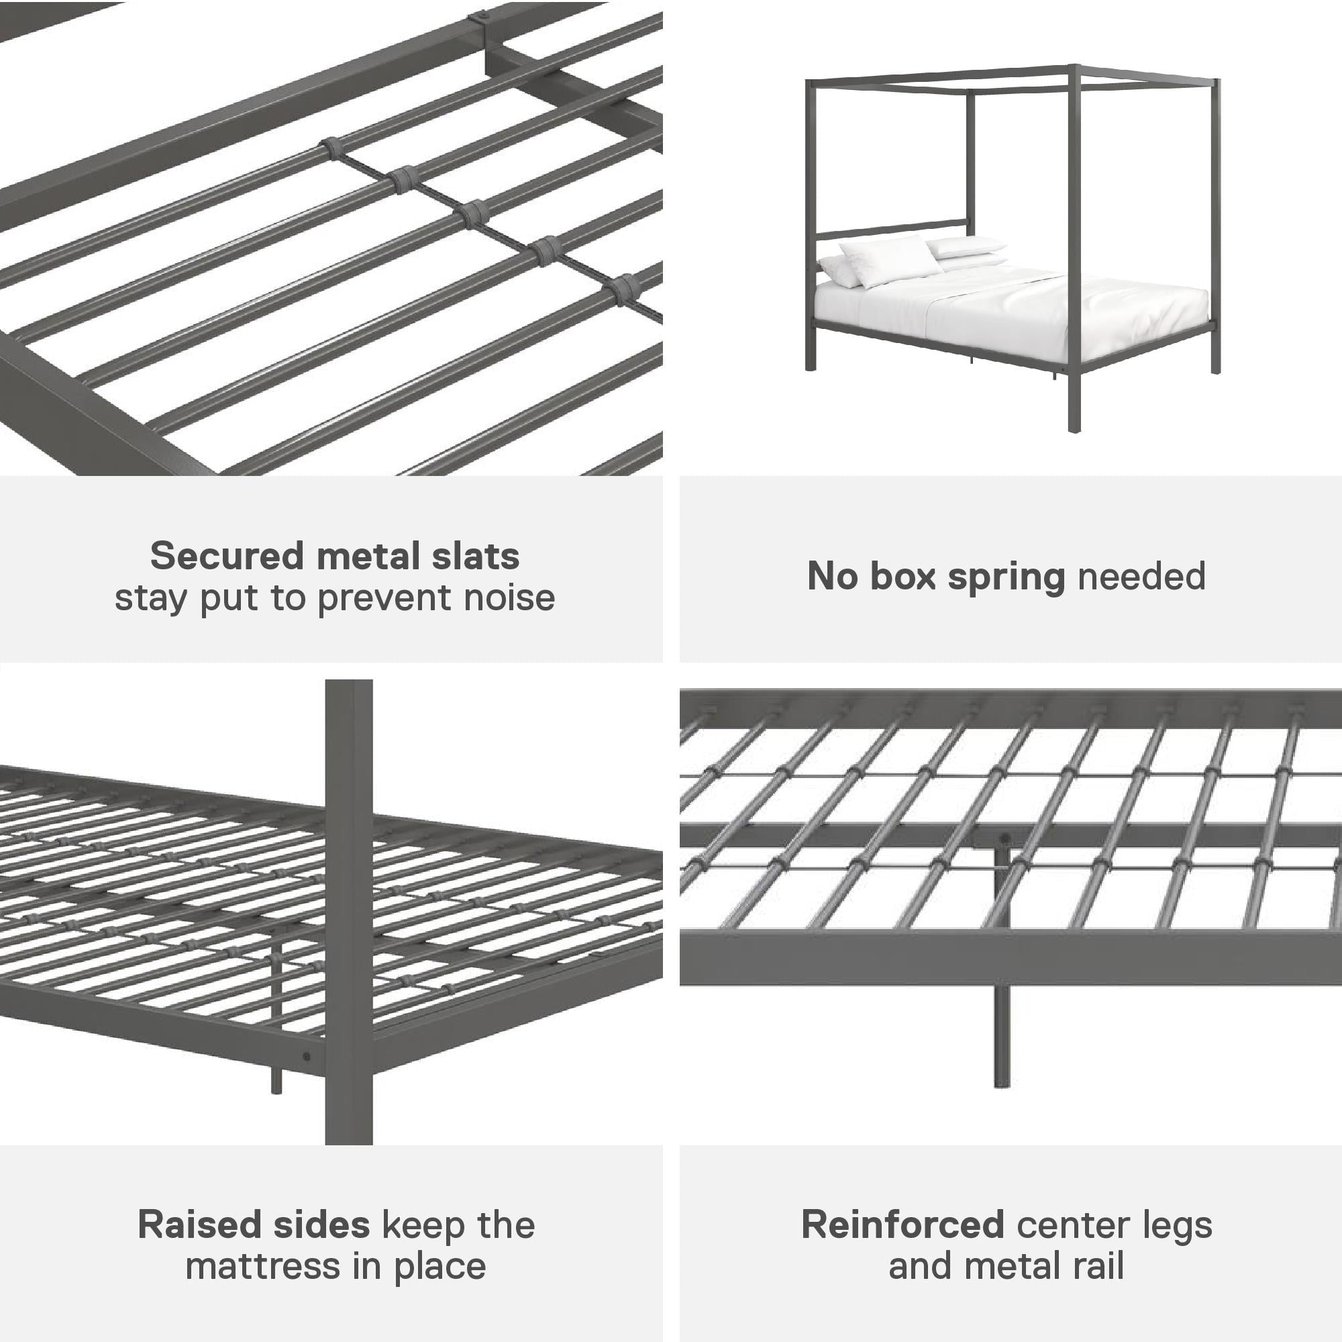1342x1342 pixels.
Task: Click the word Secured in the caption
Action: coord(227,556)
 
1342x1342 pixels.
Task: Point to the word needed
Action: coord(1141,576)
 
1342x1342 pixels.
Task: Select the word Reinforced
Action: coord(902,1225)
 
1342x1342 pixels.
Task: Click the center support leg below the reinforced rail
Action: coord(1001,1035)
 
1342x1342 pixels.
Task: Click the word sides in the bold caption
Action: coord(321,1225)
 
